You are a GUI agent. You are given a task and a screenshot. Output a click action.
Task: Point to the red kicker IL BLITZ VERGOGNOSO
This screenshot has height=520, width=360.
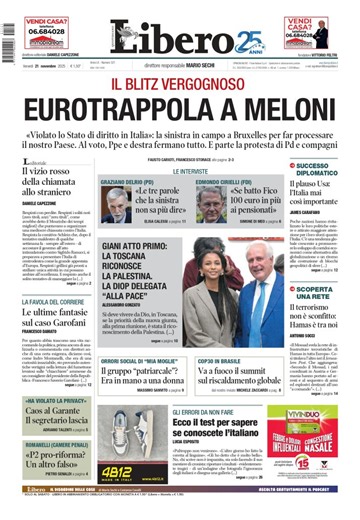[180, 83]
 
